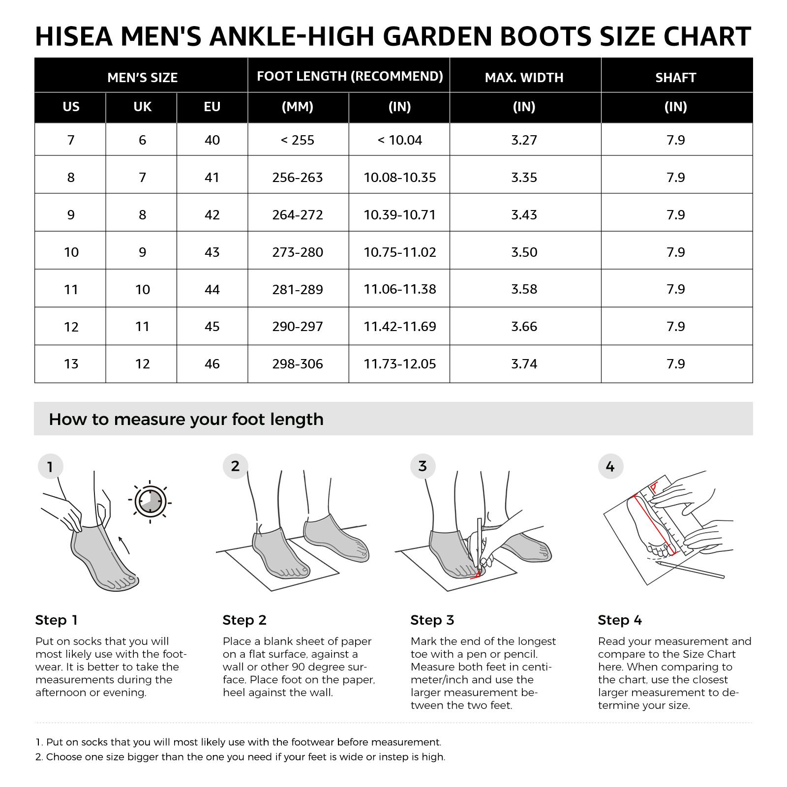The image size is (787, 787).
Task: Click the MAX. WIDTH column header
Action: click(524, 77)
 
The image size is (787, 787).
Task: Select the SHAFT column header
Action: click(675, 77)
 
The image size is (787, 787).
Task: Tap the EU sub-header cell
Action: click(212, 107)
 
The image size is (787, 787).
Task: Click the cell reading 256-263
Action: click(298, 177)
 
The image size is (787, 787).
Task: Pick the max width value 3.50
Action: click(524, 252)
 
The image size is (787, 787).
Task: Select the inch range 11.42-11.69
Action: click(399, 327)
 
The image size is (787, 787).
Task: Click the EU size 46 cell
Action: click(212, 364)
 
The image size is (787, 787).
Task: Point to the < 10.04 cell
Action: click(399, 140)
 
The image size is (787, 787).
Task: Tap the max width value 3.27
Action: click(524, 140)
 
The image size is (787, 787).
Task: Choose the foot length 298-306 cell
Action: click(298, 364)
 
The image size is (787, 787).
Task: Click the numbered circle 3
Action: click(423, 466)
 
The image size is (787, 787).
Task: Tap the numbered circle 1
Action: click(50, 467)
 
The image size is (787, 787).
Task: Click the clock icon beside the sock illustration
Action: click(150, 502)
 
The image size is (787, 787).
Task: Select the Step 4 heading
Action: click(620, 620)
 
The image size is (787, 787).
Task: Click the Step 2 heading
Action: click(244, 620)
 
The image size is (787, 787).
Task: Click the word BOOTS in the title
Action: click(550, 37)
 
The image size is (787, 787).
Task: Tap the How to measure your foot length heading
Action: click(186, 420)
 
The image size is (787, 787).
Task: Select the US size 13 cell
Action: click(71, 364)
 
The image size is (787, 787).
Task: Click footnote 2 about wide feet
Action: click(240, 757)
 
